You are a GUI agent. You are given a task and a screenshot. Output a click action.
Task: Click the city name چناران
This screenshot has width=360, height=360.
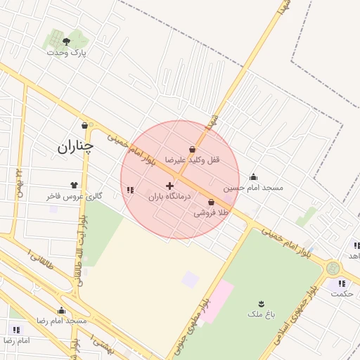coord(75,146)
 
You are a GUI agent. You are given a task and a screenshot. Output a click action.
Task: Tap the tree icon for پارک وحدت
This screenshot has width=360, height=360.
coord(67,41)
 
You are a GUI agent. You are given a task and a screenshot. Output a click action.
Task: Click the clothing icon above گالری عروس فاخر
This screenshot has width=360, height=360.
coord(74,185)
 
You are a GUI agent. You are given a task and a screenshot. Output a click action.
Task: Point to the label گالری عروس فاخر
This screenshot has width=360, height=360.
coord(75,196)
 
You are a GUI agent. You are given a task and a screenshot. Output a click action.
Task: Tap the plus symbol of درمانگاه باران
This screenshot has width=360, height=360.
coord(169,186)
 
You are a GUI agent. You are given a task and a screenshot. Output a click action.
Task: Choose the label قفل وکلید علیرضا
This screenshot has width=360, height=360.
coord(192,160)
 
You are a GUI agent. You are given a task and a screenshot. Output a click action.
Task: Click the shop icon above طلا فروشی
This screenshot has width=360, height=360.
coord(212,201)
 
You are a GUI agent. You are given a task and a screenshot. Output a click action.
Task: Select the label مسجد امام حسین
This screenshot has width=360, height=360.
coord(253,188)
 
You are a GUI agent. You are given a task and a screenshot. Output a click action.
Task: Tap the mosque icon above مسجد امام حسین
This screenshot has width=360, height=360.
coord(253,177)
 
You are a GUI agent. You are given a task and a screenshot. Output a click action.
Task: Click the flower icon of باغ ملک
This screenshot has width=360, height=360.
coord(262,304)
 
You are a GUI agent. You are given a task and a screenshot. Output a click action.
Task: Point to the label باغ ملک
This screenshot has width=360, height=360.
coord(261,314)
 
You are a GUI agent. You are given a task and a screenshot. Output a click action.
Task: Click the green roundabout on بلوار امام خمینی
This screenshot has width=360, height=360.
coord(333,268)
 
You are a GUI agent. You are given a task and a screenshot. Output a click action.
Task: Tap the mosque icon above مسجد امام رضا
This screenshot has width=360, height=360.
coord(61,311)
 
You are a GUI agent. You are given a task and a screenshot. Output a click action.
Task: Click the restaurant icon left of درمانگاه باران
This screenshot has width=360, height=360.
coord(129,189)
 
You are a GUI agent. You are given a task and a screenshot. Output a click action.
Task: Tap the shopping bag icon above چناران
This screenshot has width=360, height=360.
coord(85,125)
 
